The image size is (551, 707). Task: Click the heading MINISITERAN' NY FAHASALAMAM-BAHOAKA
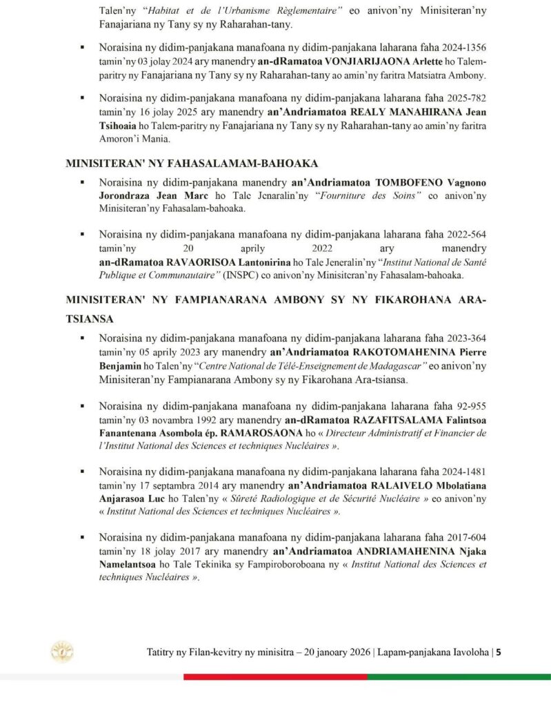(191, 164)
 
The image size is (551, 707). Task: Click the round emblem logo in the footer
(62, 652)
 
